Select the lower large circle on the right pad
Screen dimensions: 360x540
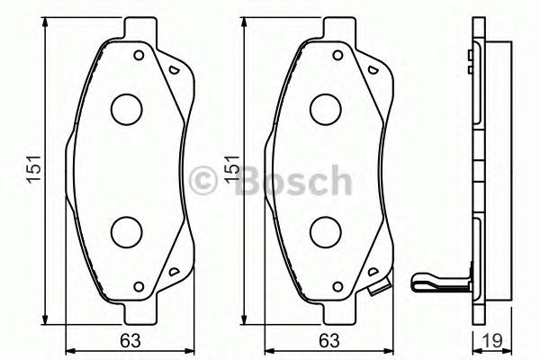coord(325,232)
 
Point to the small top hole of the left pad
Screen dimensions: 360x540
coord(139,55)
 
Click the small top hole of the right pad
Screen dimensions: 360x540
coord(339,55)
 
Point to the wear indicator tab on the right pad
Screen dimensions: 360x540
coord(382,290)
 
